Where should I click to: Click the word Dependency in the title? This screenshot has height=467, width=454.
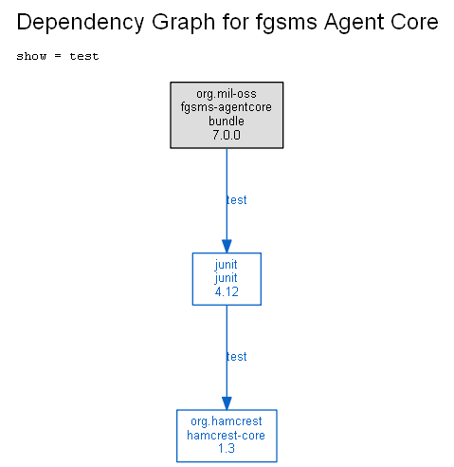tap(81, 23)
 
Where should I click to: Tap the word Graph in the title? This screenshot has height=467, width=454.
tap(184, 23)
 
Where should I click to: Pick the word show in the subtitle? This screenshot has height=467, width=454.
tap(31, 56)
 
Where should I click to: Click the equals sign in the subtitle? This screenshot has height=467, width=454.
tap(58, 56)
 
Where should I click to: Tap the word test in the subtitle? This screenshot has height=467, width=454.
tap(84, 56)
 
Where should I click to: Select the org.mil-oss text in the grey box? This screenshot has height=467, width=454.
tap(227, 94)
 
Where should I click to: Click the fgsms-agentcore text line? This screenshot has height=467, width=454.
tap(227, 107)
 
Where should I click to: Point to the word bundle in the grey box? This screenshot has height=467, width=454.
tap(227, 121)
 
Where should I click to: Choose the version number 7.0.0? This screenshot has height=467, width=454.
tap(227, 135)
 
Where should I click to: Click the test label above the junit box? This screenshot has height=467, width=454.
tap(236, 200)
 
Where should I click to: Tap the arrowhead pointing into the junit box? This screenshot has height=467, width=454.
tap(227, 246)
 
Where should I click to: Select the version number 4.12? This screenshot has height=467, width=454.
tap(227, 291)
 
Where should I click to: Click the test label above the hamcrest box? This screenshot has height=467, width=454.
tap(236, 357)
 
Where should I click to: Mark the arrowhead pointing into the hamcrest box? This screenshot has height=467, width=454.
tap(227, 403)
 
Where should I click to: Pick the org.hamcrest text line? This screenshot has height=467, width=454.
tap(227, 421)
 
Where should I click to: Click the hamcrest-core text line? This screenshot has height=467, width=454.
tap(227, 436)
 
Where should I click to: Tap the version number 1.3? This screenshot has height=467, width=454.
tap(227, 449)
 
